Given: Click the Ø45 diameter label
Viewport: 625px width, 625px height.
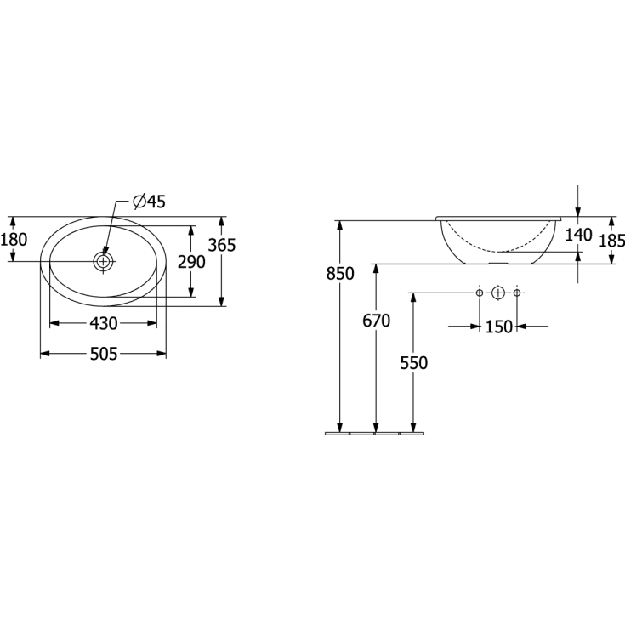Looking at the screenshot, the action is point(149,202).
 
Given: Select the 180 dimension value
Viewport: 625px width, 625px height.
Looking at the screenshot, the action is point(14,240).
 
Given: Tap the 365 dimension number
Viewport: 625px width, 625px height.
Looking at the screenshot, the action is point(222,245).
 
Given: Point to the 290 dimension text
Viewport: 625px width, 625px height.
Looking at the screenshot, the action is point(191,262).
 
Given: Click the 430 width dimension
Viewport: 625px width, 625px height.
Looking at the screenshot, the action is point(103,323).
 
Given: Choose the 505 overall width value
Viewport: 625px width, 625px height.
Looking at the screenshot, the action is point(104,354).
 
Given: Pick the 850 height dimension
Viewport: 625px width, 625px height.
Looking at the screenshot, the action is point(340,274).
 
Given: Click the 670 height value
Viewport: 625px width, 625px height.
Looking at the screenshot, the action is point(376,321).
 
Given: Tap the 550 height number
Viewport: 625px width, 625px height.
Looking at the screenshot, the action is point(414,363).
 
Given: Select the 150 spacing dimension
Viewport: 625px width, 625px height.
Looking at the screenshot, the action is point(499,327).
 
